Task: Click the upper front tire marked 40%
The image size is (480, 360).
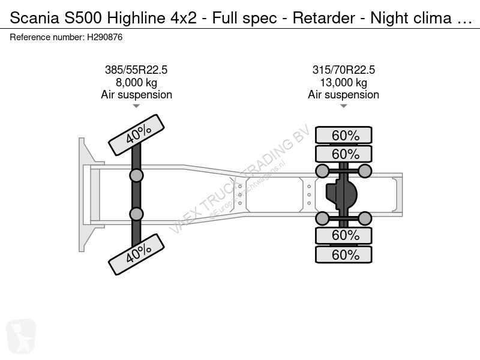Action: [137, 134]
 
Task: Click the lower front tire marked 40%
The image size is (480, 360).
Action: [137, 254]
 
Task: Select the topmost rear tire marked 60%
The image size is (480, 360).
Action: [344, 135]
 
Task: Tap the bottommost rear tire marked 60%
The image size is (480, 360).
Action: [344, 254]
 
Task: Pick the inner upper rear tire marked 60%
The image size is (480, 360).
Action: [344, 154]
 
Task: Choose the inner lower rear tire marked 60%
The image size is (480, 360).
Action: [344, 235]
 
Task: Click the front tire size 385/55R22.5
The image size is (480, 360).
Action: [136, 70]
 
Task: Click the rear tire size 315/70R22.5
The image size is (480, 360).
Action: [343, 70]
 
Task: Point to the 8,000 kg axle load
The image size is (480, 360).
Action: [136, 82]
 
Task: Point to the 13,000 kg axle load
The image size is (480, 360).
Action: [343, 82]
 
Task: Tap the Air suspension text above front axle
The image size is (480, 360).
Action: [137, 95]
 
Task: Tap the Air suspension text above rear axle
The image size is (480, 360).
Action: [343, 95]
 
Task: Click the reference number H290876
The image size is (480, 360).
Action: [104, 37]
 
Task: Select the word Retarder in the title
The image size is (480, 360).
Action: [324, 18]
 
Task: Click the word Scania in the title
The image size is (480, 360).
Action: [34, 18]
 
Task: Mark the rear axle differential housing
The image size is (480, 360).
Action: [341, 194]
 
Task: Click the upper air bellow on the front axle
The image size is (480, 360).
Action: [137, 176]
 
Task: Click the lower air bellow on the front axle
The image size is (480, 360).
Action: [137, 214]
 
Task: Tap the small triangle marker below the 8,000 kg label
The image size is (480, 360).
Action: [136, 106]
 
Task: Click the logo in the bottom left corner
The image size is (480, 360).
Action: [21, 337]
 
